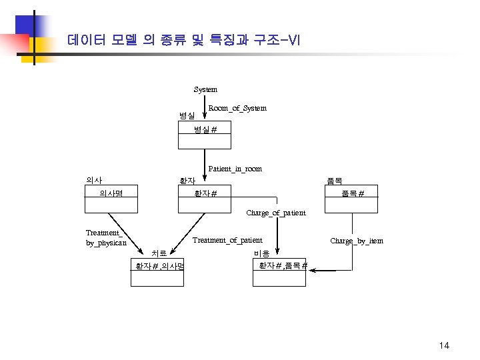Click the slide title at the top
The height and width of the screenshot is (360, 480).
pos(184,40)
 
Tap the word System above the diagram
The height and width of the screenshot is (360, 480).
pos(205,89)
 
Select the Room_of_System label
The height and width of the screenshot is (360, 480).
pos(237,108)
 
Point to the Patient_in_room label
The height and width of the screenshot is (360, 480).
pos(235,169)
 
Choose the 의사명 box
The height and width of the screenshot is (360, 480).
pos(111,199)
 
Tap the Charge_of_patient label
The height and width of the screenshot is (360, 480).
pos(276,213)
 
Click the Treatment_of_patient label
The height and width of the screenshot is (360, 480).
pos(227,240)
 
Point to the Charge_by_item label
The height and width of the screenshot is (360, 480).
pos(357,241)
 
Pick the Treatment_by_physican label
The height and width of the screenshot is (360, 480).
pos(105,238)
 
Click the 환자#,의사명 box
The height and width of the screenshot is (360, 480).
pos(157,273)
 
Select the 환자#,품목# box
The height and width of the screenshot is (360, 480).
pos(280,273)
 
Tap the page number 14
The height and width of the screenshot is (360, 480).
pos(445,345)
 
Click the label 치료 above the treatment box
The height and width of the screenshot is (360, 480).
pos(159,253)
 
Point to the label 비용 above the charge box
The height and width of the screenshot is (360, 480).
pos(261,253)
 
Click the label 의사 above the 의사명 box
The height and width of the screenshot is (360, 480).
pos(94,180)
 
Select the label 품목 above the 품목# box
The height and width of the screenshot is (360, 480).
pos(333,180)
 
